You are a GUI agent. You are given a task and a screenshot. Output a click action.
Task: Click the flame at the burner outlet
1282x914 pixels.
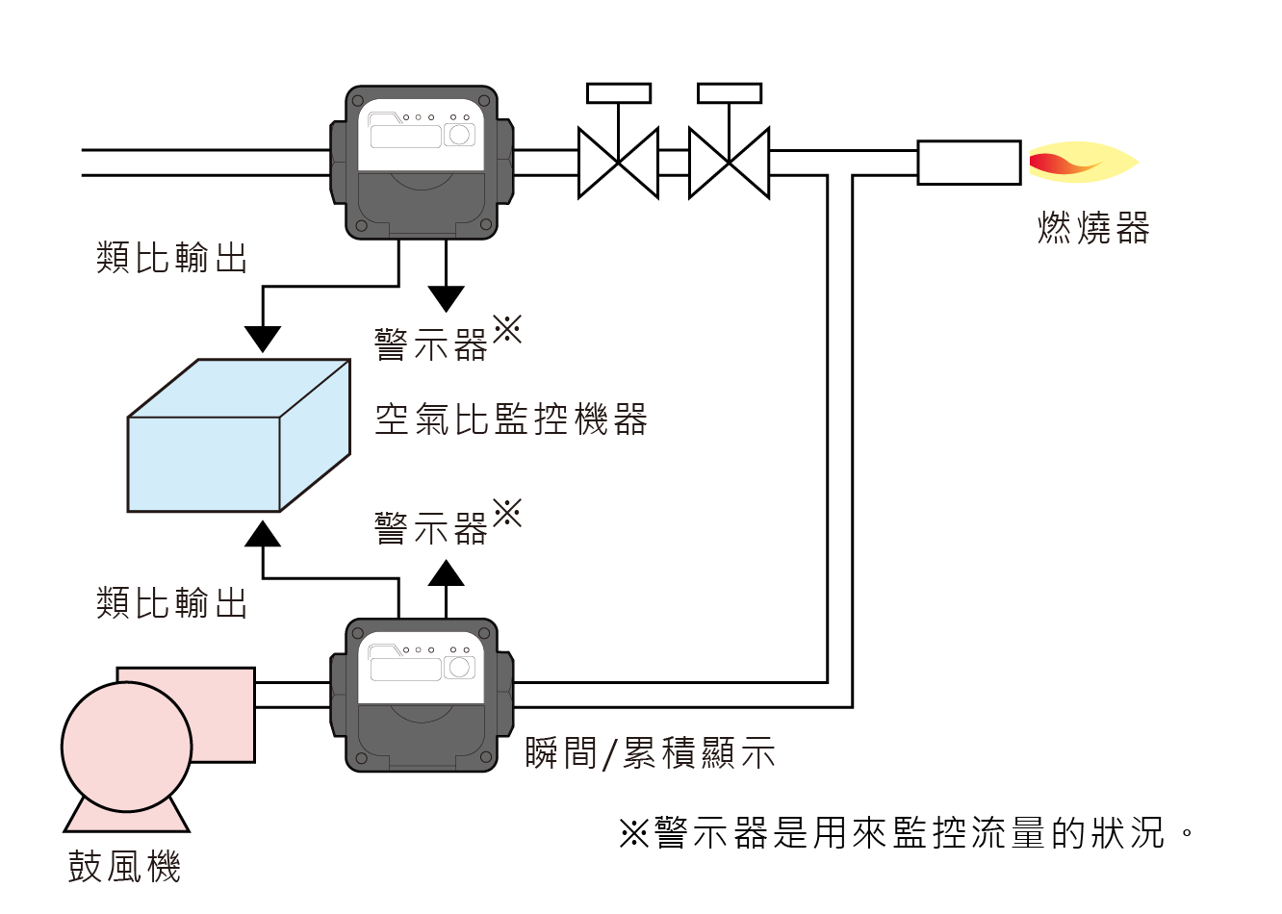click(x=1080, y=164)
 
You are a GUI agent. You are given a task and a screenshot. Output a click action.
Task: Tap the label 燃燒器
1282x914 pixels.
click(x=1093, y=229)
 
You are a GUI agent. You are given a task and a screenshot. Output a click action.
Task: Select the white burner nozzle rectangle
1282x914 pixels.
click(x=968, y=163)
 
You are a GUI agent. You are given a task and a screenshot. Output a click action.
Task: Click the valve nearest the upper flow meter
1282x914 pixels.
click(x=618, y=163)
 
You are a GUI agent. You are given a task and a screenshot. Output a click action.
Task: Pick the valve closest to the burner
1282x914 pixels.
click(x=729, y=163)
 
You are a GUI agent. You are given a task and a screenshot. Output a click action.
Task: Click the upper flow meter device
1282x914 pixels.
click(x=422, y=163)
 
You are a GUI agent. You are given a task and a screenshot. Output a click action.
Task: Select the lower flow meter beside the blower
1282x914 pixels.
click(x=422, y=695)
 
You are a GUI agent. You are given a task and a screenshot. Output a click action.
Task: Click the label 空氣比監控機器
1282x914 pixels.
click(x=511, y=419)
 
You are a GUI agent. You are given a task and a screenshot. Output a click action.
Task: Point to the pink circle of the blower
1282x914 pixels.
click(x=127, y=747)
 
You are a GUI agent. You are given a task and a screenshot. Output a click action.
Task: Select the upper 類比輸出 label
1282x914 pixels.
click(x=172, y=258)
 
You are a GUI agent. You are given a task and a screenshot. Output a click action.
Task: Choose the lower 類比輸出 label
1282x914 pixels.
click(x=172, y=603)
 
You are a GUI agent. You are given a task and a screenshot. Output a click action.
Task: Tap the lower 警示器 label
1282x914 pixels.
click(x=432, y=528)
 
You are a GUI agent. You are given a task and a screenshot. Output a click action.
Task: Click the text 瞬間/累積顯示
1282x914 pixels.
click(x=650, y=753)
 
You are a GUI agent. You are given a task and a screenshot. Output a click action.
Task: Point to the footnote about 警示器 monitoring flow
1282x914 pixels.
click(x=905, y=833)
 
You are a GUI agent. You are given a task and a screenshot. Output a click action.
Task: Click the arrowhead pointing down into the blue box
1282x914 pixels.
click(x=263, y=339)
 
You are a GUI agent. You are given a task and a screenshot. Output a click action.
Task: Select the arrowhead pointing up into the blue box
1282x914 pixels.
click(x=263, y=534)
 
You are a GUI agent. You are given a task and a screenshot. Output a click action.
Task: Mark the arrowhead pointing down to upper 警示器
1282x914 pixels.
click(x=446, y=298)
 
